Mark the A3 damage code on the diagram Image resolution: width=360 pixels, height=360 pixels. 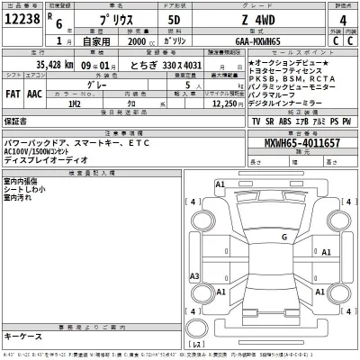tap(194, 275)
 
